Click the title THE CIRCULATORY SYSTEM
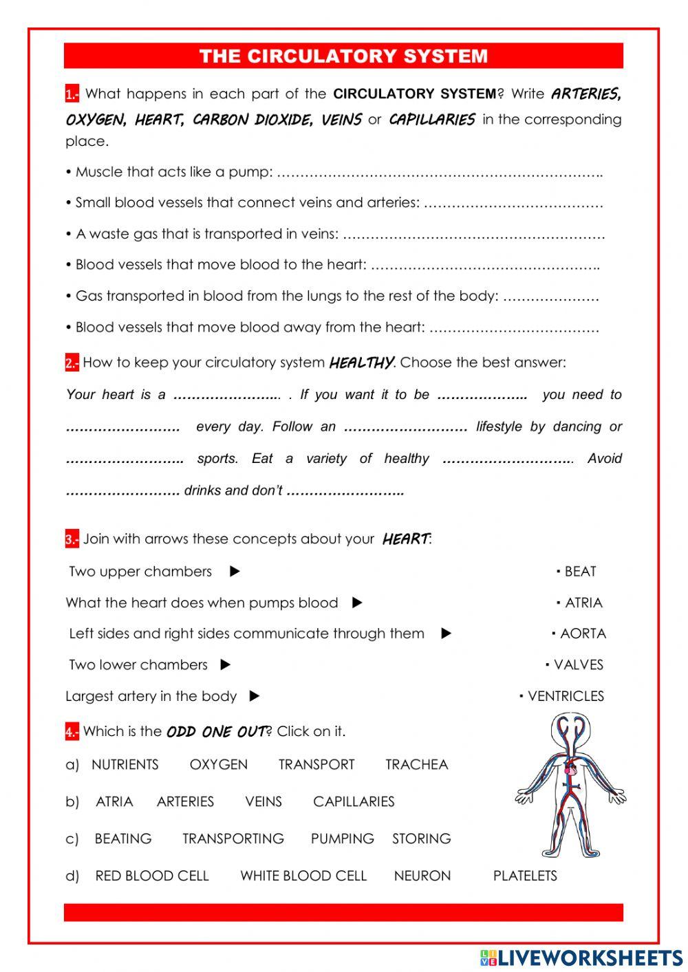(343, 56)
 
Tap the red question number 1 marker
(72, 94)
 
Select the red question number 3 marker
(72, 539)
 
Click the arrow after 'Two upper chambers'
(235, 572)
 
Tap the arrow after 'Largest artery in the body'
(255, 696)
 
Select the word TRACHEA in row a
(416, 764)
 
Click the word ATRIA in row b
(114, 801)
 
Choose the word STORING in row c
(421, 839)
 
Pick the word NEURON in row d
(422, 876)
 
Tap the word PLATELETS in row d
(525, 876)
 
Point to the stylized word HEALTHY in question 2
(361, 363)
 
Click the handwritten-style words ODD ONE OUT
(216, 732)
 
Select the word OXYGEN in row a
(218, 764)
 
